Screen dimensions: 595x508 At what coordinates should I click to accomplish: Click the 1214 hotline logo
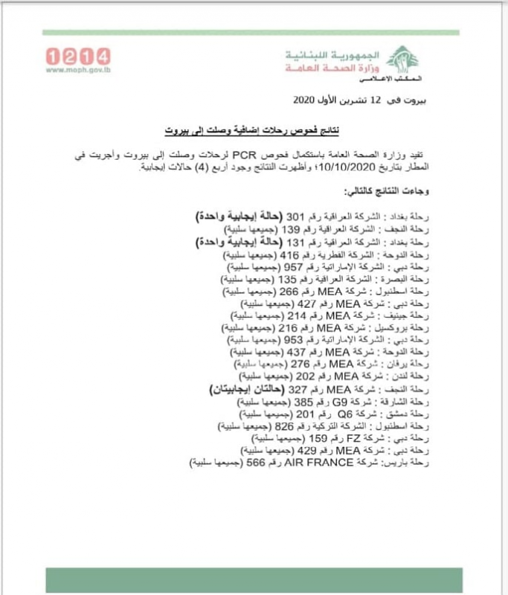pyautogui.click(x=78, y=56)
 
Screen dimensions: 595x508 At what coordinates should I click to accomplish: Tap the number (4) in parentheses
pyautogui.click(x=197, y=168)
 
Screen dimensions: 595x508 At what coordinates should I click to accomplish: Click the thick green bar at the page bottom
pyautogui.click(x=254, y=579)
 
